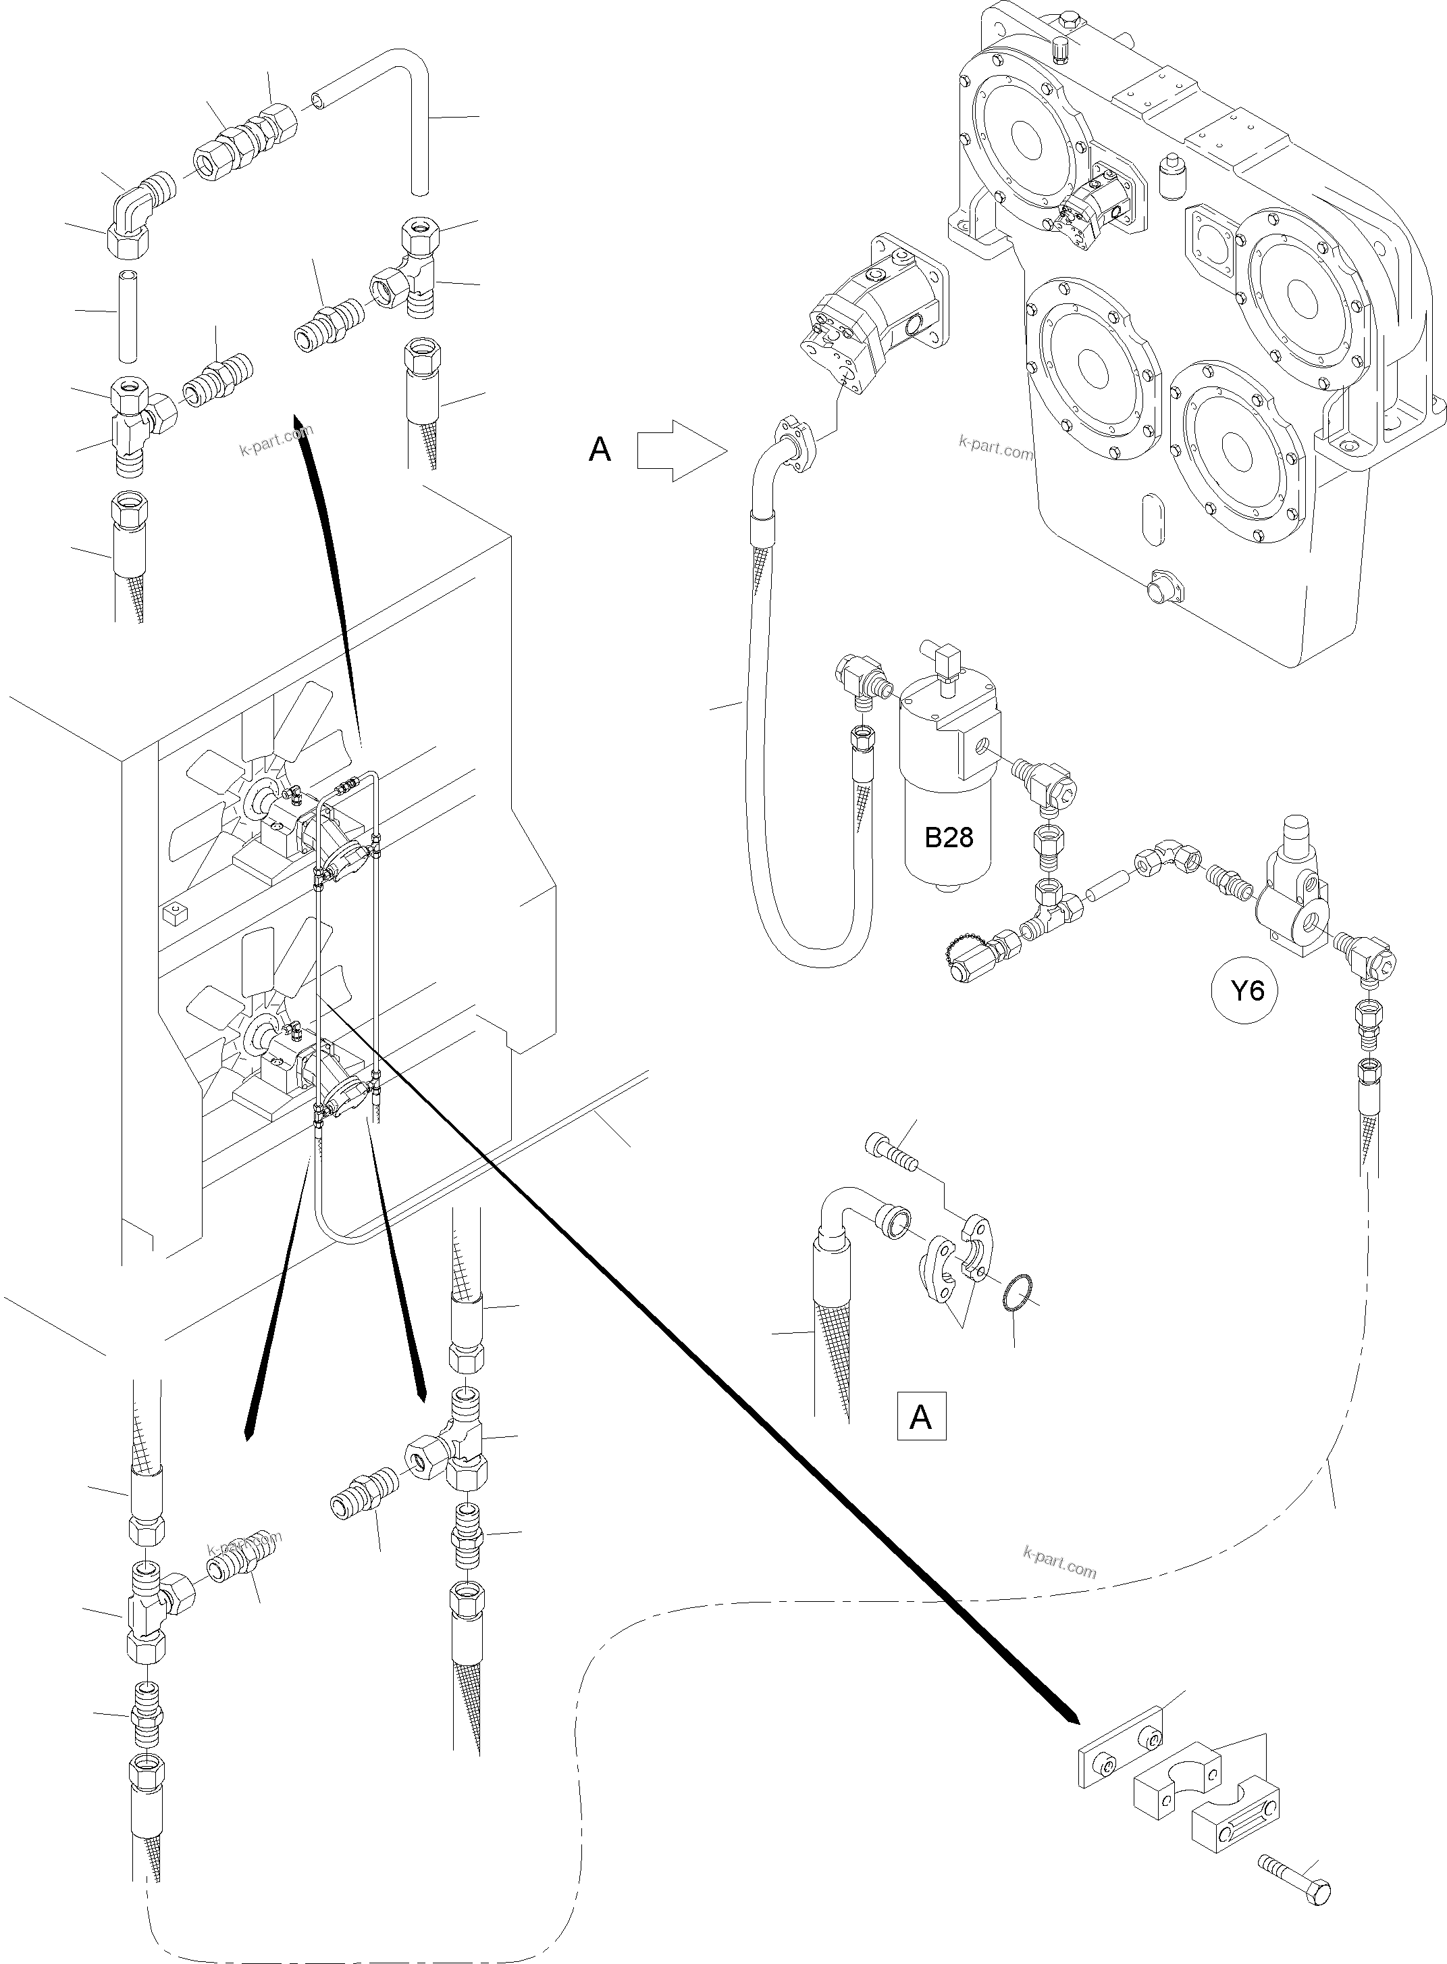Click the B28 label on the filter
pyautogui.click(x=949, y=838)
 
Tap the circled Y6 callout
pyautogui.click(x=1247, y=991)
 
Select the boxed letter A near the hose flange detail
pyautogui.click(x=920, y=1417)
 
